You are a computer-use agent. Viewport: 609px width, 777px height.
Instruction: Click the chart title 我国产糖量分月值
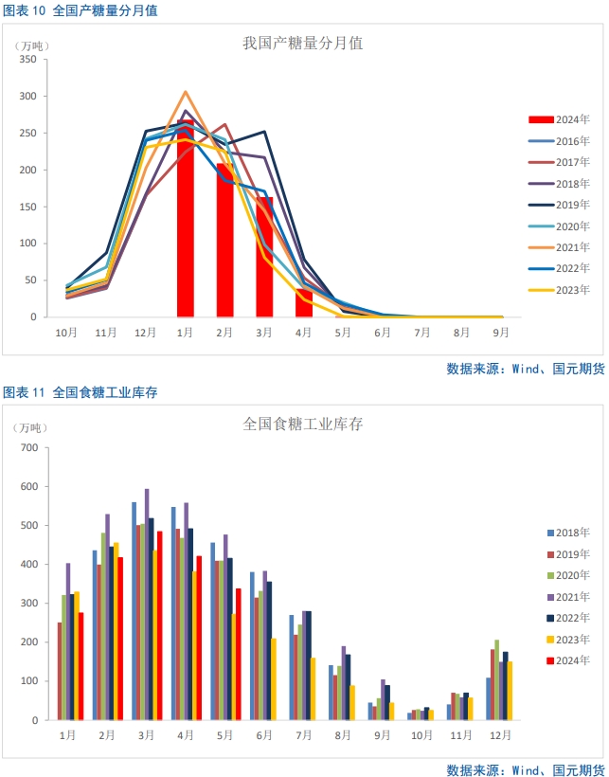point(303,44)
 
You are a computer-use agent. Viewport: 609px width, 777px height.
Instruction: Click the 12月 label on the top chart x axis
point(145,333)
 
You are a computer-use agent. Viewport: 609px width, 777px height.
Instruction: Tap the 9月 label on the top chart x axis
point(500,333)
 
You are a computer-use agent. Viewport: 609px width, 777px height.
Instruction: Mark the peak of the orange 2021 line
point(186,93)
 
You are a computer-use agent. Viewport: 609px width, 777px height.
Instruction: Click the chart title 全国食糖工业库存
point(303,425)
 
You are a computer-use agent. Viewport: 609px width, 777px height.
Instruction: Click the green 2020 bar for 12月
point(496,680)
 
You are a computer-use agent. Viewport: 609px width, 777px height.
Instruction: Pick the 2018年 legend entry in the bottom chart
point(568,533)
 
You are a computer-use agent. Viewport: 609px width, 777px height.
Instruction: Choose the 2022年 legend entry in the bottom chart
point(568,618)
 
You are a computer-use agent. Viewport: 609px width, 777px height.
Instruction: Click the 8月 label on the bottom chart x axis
point(341,735)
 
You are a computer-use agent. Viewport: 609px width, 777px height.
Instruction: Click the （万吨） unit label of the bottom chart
point(31,426)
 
